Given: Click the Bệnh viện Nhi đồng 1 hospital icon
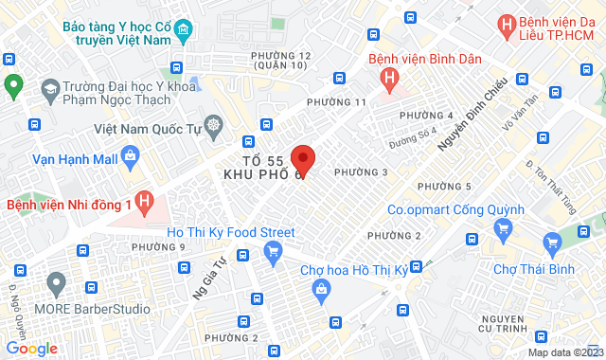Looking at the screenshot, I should tap(144, 202).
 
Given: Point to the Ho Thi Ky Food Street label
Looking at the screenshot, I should tap(230, 232).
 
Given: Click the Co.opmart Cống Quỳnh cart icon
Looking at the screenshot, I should tap(503, 227).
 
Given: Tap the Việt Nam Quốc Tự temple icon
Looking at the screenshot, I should tap(215, 126).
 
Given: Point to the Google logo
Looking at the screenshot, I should tap(31, 349).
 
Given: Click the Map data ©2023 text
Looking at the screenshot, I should tap(563, 352).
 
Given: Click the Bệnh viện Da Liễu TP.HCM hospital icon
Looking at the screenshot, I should tap(507, 23).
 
